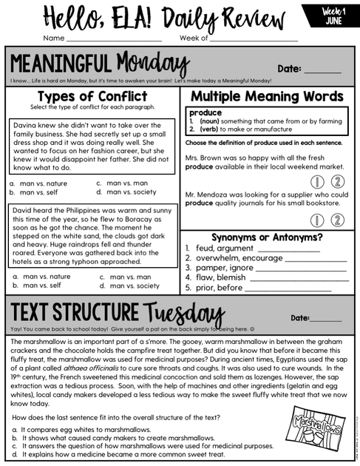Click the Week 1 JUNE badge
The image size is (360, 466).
pyautogui.click(x=331, y=15)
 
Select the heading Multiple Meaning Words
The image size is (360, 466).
pyautogui.click(x=267, y=97)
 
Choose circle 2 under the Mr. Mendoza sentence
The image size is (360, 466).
pyautogui.click(x=336, y=220)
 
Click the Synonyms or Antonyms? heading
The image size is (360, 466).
pyautogui.click(x=267, y=237)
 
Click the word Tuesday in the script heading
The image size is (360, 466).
pyautogui.click(x=182, y=314)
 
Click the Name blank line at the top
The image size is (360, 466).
pyautogui.click(x=114, y=38)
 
